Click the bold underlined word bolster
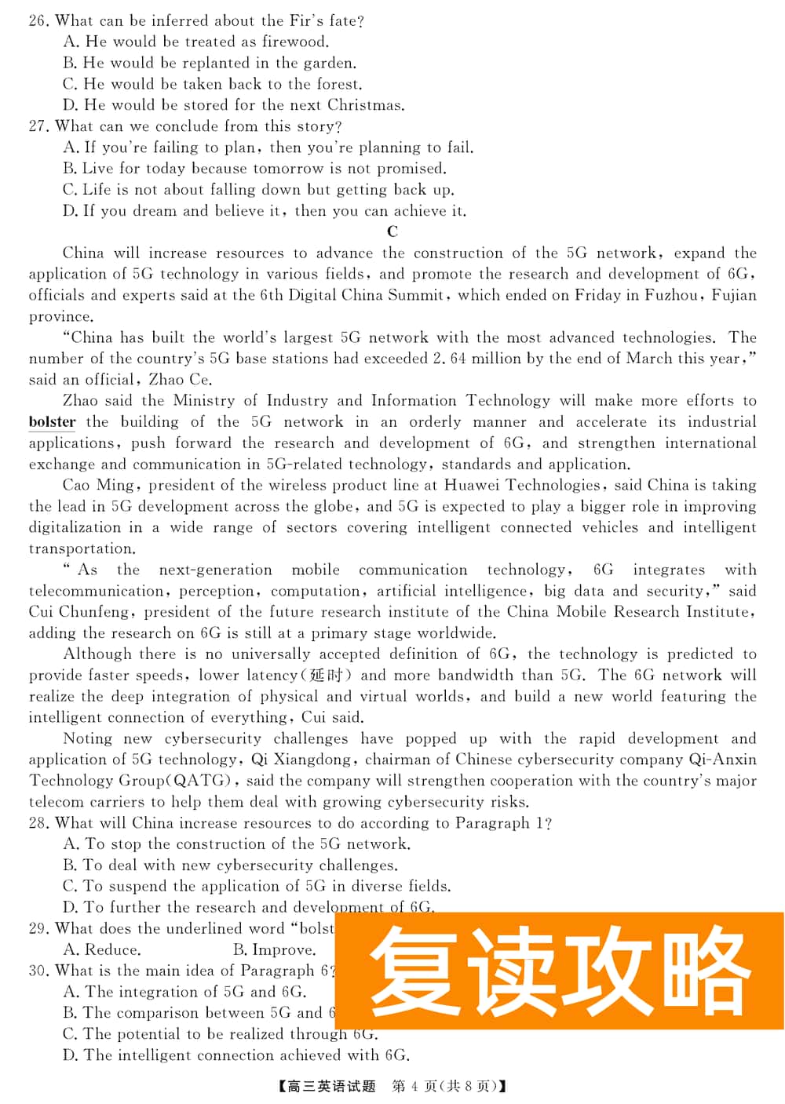52,421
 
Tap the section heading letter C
392,231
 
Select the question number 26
38,21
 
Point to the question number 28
38,823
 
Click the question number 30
38,971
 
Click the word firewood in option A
296,42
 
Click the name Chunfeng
95,612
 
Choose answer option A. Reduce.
102,949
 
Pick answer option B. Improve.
275,949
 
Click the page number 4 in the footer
414,1087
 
